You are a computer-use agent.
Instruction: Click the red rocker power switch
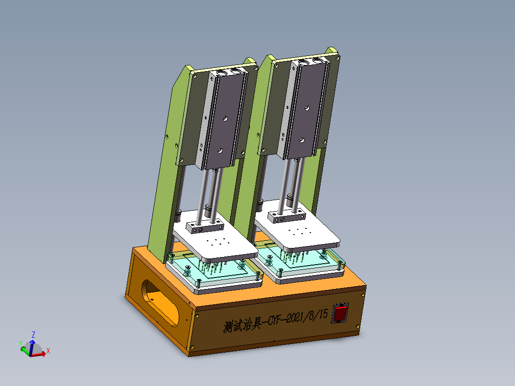(340, 314)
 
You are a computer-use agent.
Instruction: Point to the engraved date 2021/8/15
(304, 318)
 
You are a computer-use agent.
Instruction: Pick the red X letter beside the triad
(48, 351)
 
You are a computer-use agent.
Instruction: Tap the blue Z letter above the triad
(33, 334)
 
